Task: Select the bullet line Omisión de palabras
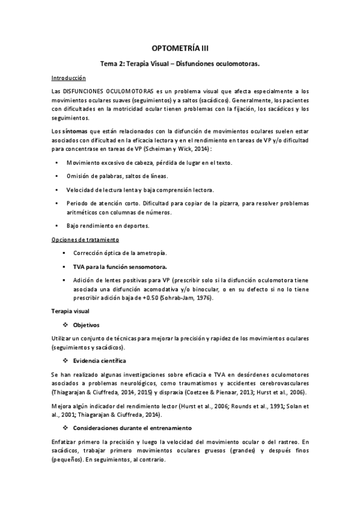[117, 176]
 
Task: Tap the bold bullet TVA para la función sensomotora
[120, 266]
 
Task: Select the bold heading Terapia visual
[71, 312]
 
